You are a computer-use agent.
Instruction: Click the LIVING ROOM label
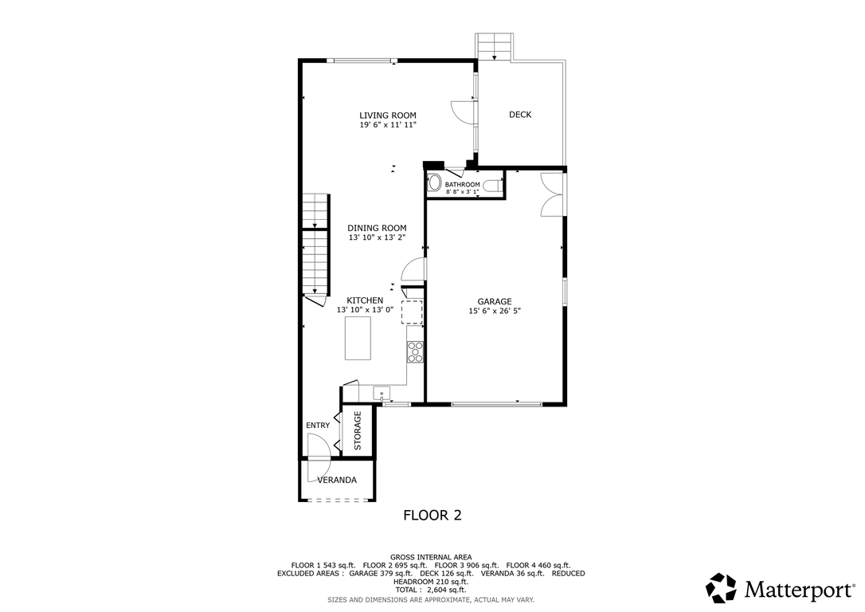pyautogui.click(x=388, y=116)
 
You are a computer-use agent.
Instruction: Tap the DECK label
pyautogui.click(x=519, y=114)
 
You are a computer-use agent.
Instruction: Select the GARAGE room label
pyautogui.click(x=495, y=301)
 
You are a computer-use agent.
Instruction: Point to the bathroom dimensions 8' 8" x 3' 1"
pyautogui.click(x=463, y=192)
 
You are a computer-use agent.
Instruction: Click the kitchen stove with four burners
pyautogui.click(x=415, y=352)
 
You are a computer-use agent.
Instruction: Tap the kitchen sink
pyautogui.click(x=382, y=394)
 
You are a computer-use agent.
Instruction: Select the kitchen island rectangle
pyautogui.click(x=358, y=338)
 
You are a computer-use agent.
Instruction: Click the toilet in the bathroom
pyautogui.click(x=492, y=186)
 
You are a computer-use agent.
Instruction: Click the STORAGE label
pyautogui.click(x=358, y=430)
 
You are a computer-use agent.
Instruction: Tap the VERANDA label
pyautogui.click(x=337, y=480)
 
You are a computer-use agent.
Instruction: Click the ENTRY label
pyautogui.click(x=318, y=426)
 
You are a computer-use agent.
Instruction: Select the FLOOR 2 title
pyautogui.click(x=432, y=516)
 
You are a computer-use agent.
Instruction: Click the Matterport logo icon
pyautogui.click(x=721, y=588)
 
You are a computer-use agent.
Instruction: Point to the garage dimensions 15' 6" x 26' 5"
pyautogui.click(x=495, y=311)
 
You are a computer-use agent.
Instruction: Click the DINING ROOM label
pyautogui.click(x=377, y=228)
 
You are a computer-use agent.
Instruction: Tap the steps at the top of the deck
pyautogui.click(x=495, y=46)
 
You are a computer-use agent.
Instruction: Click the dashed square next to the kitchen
pyautogui.click(x=412, y=312)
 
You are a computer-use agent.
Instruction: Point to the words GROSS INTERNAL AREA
pyautogui.click(x=431, y=557)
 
